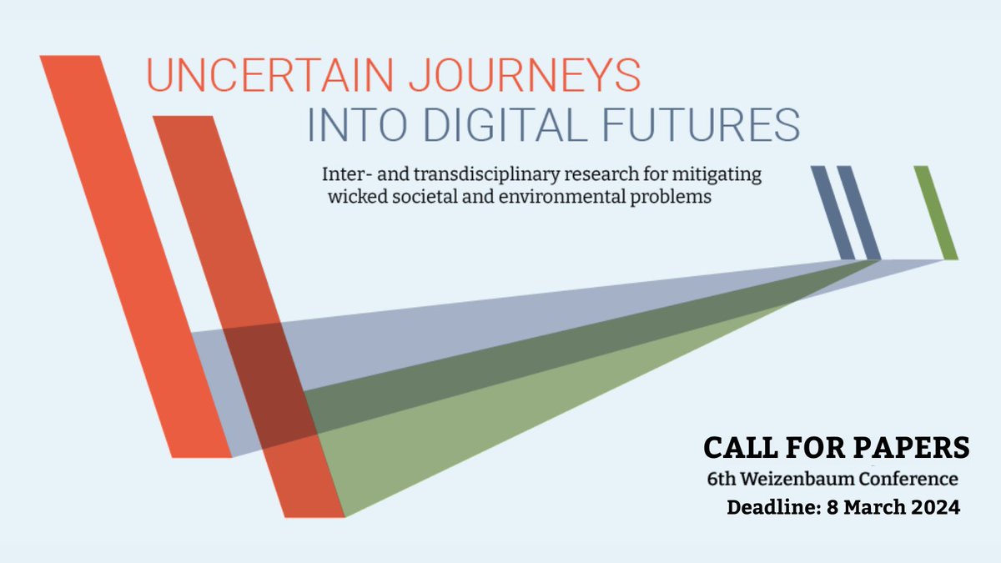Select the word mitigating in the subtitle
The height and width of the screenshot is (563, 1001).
click(x=727, y=177)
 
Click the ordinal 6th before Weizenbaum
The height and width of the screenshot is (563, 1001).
click(x=722, y=480)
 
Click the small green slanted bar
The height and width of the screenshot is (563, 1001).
click(x=935, y=213)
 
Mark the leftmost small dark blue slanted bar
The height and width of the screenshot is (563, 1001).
click(x=832, y=213)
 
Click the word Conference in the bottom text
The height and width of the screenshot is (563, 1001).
click(x=913, y=480)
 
